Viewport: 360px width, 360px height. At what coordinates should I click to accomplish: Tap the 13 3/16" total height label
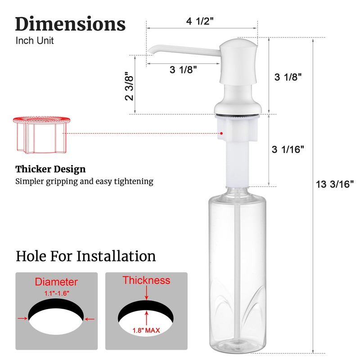(x=334, y=183)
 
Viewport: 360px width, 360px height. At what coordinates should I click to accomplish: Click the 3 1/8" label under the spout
(x=183, y=69)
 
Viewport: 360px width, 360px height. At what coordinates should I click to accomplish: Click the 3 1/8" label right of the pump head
(x=288, y=76)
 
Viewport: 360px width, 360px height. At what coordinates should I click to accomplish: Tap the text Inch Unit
(x=35, y=40)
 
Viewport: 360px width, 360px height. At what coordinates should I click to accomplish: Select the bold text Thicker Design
(x=50, y=170)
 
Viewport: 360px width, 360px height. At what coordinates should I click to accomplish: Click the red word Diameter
(x=56, y=282)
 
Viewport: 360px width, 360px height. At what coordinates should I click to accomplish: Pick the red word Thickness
(x=146, y=280)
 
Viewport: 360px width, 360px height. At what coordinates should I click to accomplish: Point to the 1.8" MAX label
(x=146, y=330)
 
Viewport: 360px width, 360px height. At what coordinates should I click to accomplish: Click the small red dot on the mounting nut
(x=221, y=133)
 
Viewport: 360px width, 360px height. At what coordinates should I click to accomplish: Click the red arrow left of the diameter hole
(x=21, y=319)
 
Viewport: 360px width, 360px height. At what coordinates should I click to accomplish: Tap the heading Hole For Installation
(x=86, y=256)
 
